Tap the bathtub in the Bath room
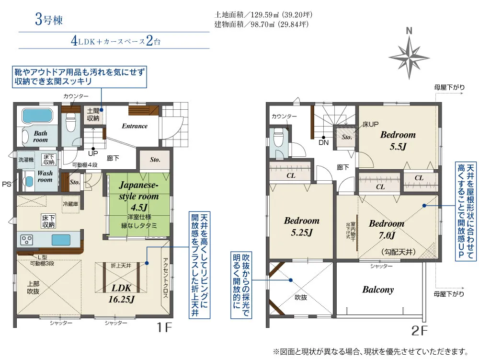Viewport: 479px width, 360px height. pos(37,116)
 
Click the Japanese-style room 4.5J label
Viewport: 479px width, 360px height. pos(138,197)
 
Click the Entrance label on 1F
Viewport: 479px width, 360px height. pos(135,126)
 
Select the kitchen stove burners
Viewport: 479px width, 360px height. pos(26,239)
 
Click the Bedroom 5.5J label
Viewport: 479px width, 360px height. pos(398,140)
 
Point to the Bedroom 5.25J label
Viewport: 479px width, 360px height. pos(301,227)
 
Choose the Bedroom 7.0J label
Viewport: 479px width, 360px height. pos(386,229)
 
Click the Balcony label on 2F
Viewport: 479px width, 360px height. pos(378,290)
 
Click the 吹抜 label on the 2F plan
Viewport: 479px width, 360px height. pos(300,298)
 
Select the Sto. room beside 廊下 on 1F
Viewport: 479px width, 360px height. pos(154,160)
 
